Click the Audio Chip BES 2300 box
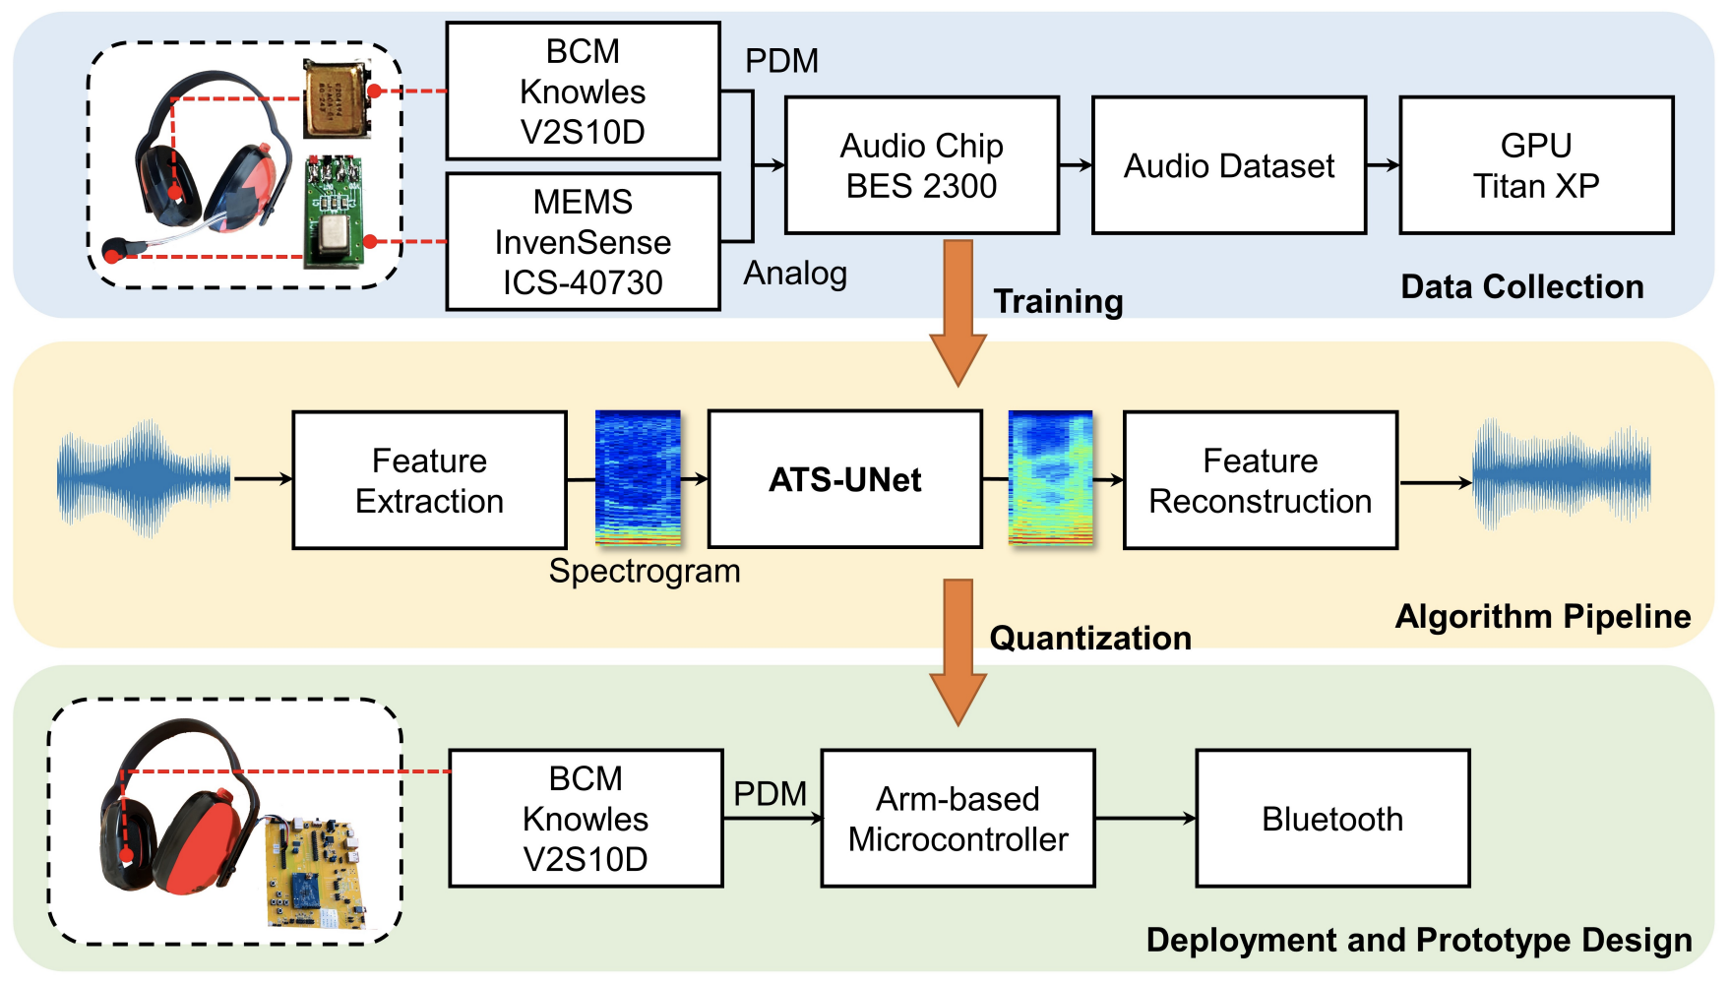(921, 165)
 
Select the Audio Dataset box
(1229, 165)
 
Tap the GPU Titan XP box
(1536, 165)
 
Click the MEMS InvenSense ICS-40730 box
(583, 242)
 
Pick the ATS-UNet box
(844, 479)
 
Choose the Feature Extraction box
(429, 480)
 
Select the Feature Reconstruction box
(1260, 480)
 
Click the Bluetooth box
(1332, 819)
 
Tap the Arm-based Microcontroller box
(958, 819)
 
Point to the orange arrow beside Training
(958, 313)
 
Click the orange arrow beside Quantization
(958, 652)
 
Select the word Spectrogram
(645, 571)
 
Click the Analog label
(795, 273)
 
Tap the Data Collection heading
(1522, 286)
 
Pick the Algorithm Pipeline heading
(1543, 616)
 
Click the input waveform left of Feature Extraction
(144, 479)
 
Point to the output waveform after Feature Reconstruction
(1562, 476)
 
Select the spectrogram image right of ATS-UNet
(1051, 478)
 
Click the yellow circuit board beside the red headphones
(315, 872)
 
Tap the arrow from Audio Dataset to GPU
(1383, 165)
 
